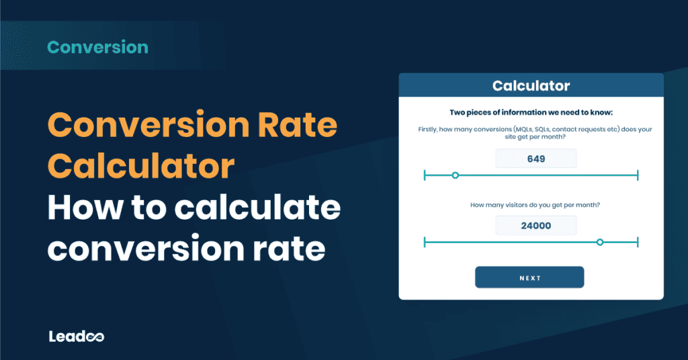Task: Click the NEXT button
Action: (529, 277)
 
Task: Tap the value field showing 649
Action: (535, 159)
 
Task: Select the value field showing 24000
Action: (535, 226)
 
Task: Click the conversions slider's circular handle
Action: (456, 175)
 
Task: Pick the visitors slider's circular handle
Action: (600, 242)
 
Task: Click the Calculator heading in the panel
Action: (531, 86)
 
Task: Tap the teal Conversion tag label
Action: (98, 48)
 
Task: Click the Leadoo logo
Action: (76, 336)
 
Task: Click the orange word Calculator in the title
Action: (141, 167)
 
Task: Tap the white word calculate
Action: (257, 209)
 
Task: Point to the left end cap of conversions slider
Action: (425, 175)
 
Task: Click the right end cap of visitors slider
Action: (637, 242)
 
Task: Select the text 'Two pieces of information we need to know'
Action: (531, 112)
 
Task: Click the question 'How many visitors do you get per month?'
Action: (535, 205)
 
